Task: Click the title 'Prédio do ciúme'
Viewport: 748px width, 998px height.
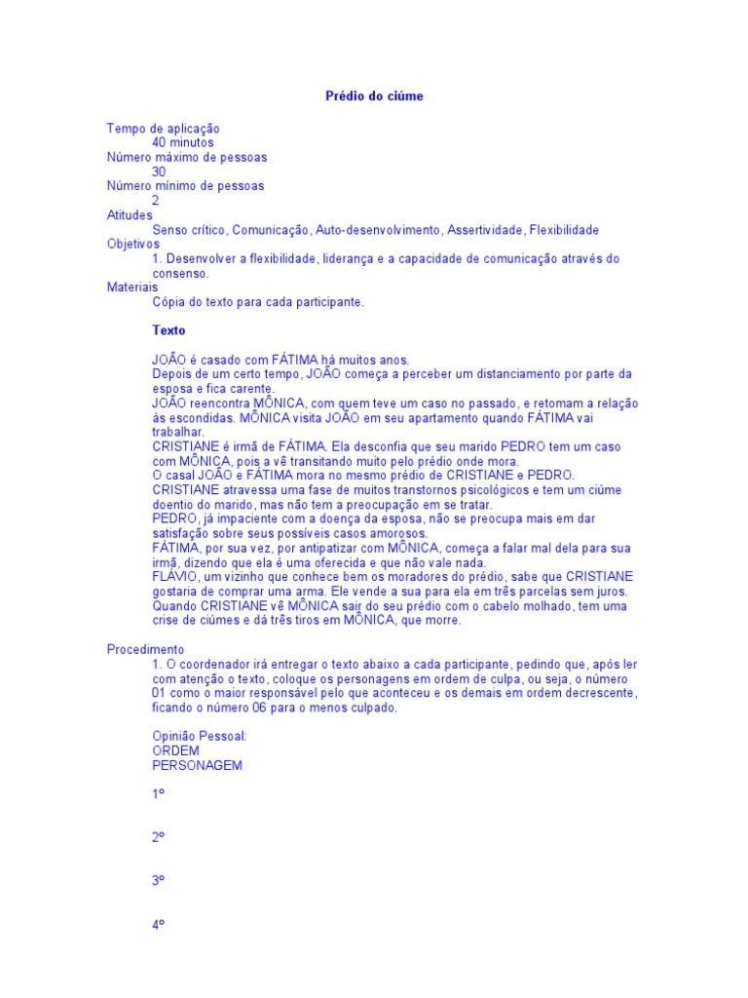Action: pos(374,96)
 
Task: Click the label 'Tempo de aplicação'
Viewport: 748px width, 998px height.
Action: pos(163,128)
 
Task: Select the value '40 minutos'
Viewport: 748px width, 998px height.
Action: pos(183,142)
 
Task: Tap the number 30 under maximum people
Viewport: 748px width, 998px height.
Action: pos(159,172)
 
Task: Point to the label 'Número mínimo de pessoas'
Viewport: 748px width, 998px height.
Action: pos(185,185)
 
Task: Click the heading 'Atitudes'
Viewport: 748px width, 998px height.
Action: pos(130,214)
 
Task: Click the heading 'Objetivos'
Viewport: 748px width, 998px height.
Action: pos(132,244)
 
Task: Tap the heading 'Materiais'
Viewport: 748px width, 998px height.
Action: pos(131,288)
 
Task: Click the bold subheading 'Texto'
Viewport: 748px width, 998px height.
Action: pos(168,330)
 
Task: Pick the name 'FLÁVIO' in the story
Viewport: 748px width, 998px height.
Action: pos(174,577)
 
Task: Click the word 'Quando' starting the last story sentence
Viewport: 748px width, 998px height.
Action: pos(174,605)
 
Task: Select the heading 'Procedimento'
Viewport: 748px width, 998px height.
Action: pos(145,649)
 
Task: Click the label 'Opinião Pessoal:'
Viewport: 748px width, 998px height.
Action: pos(200,737)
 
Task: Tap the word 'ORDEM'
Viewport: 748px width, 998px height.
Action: pos(175,751)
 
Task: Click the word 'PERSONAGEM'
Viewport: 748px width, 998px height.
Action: pos(198,766)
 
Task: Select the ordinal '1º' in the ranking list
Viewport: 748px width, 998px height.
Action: pos(158,794)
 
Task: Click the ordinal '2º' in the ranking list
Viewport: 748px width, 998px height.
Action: pos(158,836)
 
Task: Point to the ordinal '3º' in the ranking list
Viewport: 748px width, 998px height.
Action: pos(158,879)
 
